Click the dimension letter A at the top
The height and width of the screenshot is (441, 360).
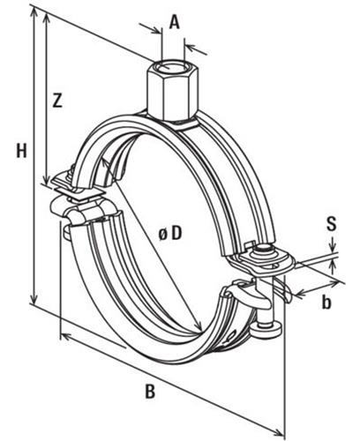[x=174, y=23]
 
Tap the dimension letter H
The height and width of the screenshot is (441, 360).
[x=21, y=151]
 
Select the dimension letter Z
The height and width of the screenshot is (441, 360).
[x=57, y=100]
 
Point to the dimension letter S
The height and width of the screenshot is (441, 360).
[x=332, y=224]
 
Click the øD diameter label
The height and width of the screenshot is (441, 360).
[x=170, y=234]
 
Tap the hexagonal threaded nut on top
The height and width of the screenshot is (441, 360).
[x=170, y=91]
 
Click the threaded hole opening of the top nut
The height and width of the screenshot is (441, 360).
[x=169, y=67]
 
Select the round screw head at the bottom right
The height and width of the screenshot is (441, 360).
[x=266, y=330]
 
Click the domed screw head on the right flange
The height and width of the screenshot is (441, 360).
[x=264, y=250]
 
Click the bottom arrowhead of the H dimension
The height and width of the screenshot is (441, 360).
[x=34, y=298]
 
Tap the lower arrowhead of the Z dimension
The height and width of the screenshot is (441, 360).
[x=46, y=178]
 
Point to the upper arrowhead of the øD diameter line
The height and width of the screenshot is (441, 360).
[x=104, y=162]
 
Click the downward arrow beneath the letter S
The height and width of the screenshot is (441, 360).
[x=332, y=243]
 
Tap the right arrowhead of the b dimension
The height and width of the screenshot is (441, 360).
[x=333, y=284]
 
